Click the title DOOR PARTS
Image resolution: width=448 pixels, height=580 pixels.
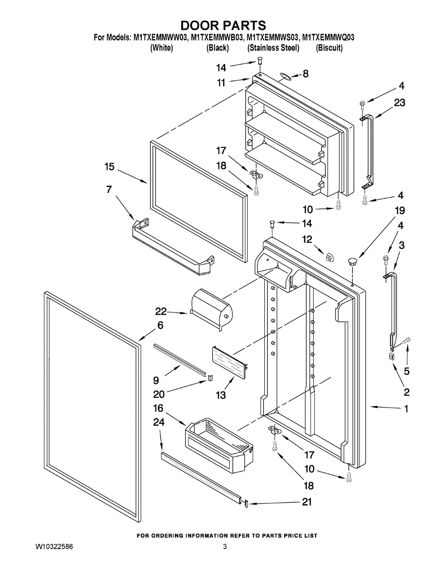point(223,25)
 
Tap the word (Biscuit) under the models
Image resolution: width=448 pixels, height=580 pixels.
point(329,48)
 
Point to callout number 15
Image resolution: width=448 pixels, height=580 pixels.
point(109,167)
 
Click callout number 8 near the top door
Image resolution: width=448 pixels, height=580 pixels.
point(305,74)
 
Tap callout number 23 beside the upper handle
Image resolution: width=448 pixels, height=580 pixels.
point(399,102)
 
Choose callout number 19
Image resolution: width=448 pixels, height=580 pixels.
point(399,211)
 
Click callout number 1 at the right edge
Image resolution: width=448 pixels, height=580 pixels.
point(406,409)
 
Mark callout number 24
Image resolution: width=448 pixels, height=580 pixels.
point(159,422)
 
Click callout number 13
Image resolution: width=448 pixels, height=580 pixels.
point(220,395)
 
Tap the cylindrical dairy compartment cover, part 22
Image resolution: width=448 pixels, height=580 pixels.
point(212,308)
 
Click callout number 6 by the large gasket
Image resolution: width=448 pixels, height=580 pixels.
point(160,325)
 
